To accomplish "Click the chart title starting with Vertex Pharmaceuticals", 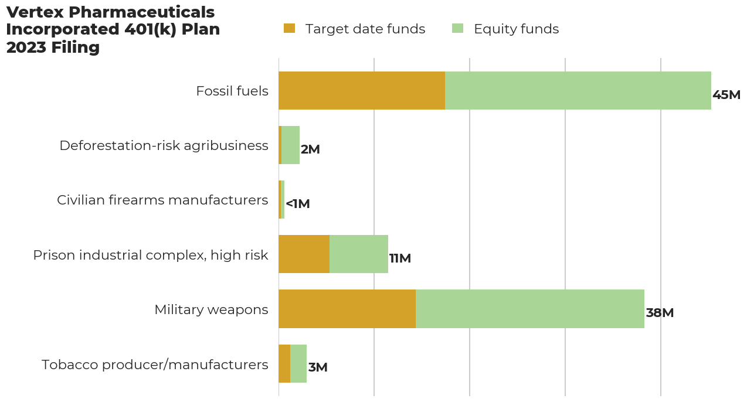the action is point(113,30).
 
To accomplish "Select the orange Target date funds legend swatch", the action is point(289,28).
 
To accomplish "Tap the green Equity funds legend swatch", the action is point(457,28).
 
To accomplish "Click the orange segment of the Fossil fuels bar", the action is point(362,90).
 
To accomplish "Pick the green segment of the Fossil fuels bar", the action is point(578,90).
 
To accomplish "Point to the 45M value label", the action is point(726,95).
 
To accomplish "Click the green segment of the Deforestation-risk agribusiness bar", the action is point(290,145).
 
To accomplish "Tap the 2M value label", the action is point(310,149).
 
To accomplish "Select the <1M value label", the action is point(298,204).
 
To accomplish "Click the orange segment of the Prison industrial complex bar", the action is point(304,254).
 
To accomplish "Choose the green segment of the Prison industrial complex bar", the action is point(359,254).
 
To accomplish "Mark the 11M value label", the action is point(400,258).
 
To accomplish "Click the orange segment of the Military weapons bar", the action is point(347,309).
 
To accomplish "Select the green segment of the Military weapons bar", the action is point(530,309).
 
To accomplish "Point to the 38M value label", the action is point(660,313).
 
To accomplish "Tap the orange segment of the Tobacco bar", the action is point(284,364).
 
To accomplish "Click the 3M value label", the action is point(318,367).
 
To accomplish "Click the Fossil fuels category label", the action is point(232,91).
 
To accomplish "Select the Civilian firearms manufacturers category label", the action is point(162,200).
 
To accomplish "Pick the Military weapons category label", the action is point(212,309).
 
